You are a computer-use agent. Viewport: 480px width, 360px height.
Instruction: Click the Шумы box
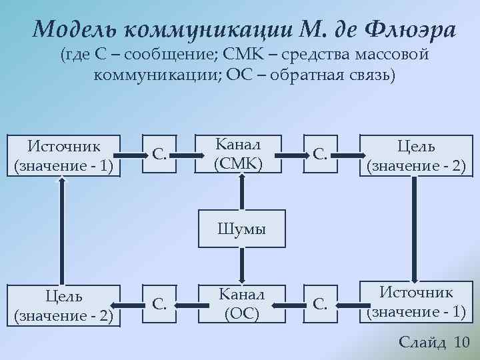pos(241,229)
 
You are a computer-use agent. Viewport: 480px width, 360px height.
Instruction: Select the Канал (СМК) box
pos(238,154)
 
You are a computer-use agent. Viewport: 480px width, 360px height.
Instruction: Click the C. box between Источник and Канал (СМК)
pos(159,155)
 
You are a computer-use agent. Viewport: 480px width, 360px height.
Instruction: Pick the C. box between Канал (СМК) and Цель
pos(321,155)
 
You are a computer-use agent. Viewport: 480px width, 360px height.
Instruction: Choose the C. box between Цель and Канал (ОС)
pos(159,304)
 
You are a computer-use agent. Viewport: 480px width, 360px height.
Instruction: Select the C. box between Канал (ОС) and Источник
pos(321,304)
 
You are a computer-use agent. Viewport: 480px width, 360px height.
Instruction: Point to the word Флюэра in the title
pos(411,29)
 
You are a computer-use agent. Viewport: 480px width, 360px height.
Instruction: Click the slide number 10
pos(461,342)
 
